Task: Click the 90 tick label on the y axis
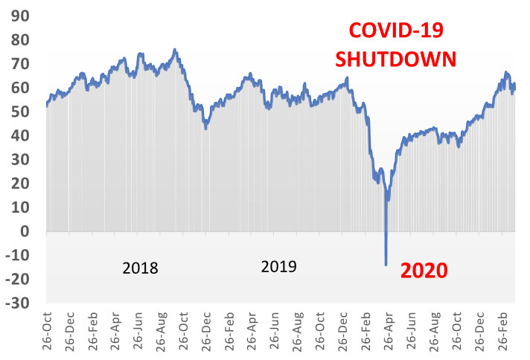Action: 19,16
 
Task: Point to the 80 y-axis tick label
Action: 19,40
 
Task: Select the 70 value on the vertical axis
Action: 19,64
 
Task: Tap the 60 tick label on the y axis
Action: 19,88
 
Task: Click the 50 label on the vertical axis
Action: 19,112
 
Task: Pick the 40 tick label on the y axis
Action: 19,136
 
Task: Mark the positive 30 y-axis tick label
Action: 19,160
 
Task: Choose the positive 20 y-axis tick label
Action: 19,184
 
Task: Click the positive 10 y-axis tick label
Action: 19,208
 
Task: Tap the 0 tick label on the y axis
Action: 25,231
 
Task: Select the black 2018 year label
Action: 140,269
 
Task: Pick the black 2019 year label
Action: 279,266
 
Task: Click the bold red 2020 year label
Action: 421,270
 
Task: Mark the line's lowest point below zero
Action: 386,264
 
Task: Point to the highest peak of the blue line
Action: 175,50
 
